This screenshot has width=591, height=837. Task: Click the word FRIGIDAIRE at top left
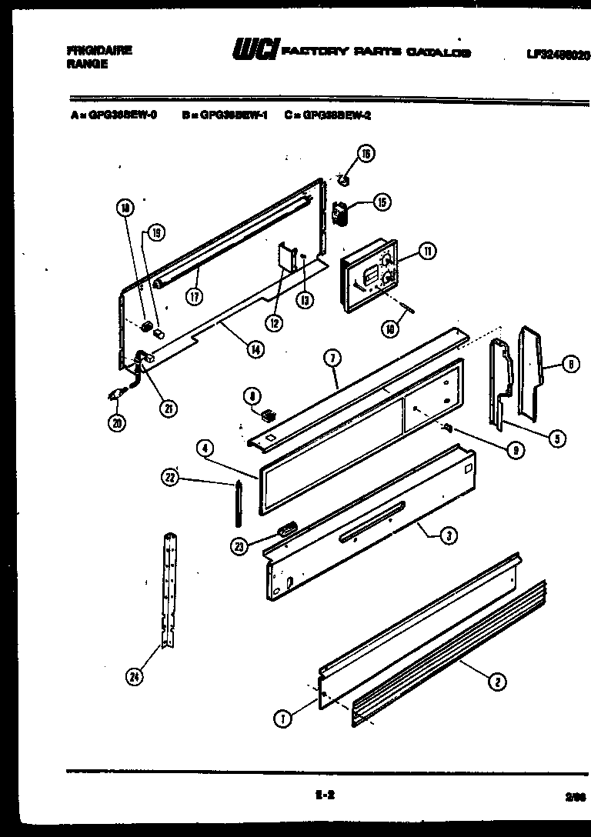(x=99, y=50)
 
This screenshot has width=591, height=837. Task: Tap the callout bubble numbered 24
(x=137, y=676)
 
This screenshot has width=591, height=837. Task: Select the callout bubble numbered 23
(x=240, y=546)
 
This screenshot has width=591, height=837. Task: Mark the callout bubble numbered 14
(x=252, y=349)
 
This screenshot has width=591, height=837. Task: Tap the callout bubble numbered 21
(x=166, y=408)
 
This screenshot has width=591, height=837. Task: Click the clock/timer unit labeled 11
(x=369, y=283)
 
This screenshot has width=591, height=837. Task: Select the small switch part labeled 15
(x=339, y=212)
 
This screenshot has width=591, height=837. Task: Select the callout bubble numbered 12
(x=275, y=322)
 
